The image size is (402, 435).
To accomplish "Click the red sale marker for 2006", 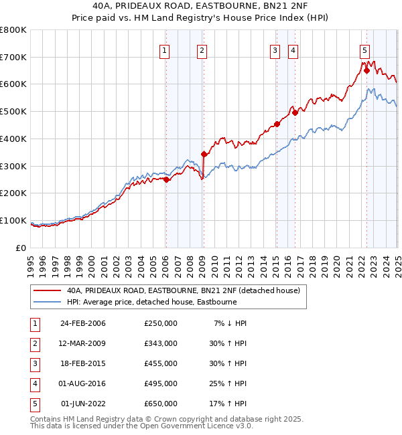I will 166,179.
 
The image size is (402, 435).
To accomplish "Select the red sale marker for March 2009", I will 204,154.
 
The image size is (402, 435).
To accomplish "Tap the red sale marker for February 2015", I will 277,124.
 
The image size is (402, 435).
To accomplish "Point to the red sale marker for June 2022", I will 366,70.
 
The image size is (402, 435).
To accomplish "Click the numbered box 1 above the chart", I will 165,49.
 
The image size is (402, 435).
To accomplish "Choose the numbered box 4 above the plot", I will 293,49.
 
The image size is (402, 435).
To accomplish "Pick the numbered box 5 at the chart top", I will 364,49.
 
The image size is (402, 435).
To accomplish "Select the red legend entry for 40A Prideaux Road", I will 187,290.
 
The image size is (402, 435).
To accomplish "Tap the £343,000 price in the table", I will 161,343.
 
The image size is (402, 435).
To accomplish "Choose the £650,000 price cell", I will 161,404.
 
